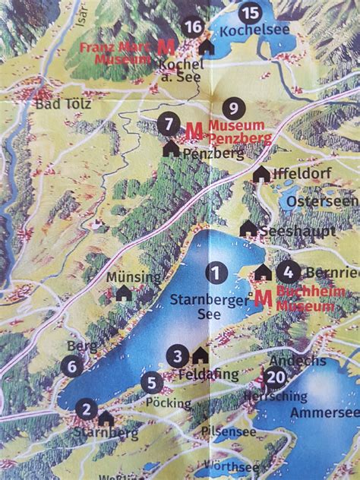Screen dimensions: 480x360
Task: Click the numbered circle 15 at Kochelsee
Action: [249, 13]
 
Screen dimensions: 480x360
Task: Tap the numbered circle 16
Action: [194, 27]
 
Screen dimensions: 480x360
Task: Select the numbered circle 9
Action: [234, 108]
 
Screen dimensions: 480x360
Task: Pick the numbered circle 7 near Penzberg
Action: [169, 122]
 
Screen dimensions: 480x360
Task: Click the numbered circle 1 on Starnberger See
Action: [217, 271]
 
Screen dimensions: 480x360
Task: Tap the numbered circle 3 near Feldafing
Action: [178, 355]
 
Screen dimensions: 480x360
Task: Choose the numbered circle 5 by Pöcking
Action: [151, 384]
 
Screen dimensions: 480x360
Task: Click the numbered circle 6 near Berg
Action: [73, 366]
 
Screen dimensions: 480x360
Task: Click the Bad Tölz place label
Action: [62, 103]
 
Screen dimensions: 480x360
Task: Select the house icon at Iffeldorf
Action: [261, 174]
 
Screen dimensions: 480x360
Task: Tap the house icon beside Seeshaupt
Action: [248, 228]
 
